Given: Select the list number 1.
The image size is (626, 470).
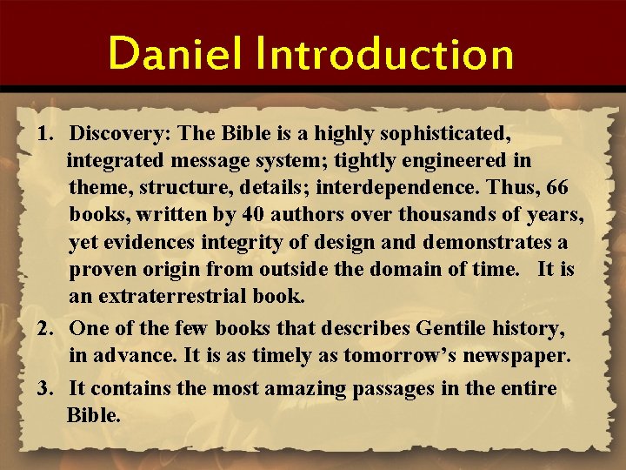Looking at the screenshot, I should (x=44, y=135).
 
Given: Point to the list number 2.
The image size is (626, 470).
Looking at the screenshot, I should (x=44, y=328).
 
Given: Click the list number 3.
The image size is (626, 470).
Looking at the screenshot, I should (x=44, y=388).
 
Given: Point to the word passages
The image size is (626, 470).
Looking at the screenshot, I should (x=403, y=389).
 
